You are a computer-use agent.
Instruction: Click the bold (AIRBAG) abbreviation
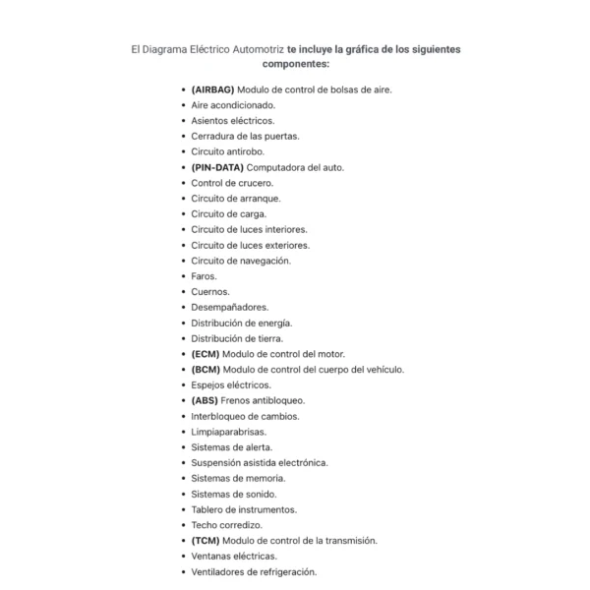tap(213, 89)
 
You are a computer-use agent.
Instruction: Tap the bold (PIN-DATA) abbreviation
tap(217, 167)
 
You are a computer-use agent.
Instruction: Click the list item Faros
tap(205, 276)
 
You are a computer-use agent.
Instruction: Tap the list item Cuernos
tap(210, 292)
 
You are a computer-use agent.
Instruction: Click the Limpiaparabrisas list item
tap(228, 432)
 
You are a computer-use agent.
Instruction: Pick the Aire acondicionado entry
tap(233, 105)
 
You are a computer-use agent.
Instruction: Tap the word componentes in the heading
tap(294, 64)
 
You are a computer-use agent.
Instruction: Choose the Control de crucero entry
tap(232, 183)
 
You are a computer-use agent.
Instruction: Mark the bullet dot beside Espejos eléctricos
tap(184, 385)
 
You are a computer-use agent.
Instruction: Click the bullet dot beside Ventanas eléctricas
tap(184, 557)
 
